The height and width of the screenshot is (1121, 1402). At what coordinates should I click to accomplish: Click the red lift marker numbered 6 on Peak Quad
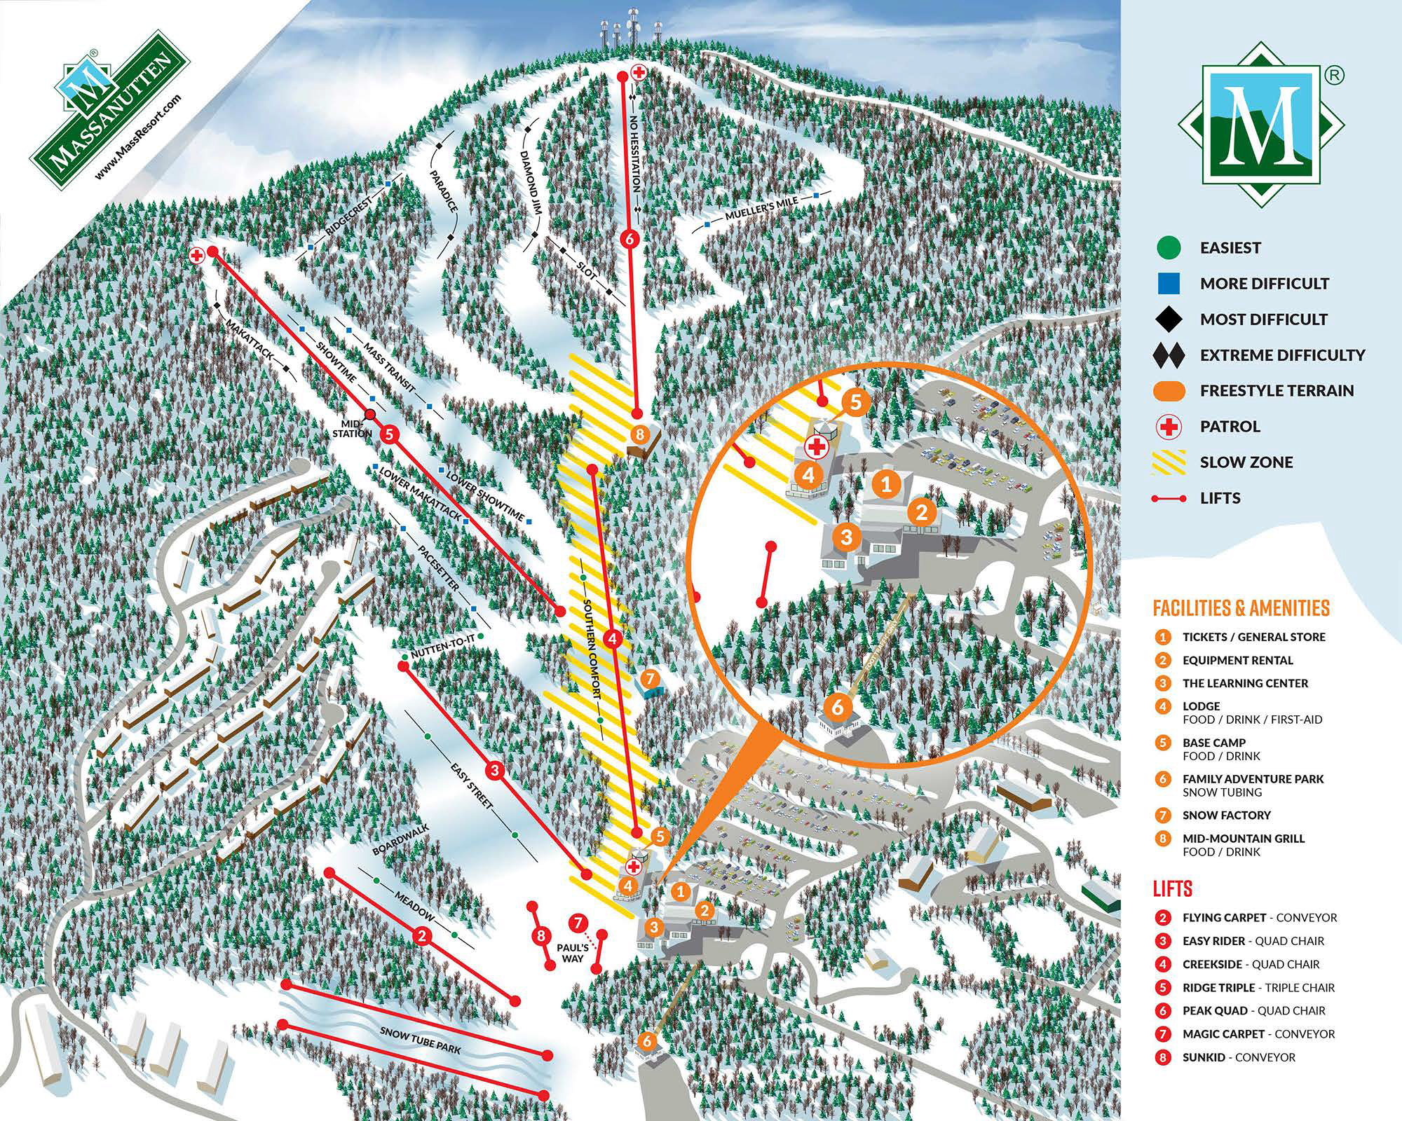click(x=629, y=239)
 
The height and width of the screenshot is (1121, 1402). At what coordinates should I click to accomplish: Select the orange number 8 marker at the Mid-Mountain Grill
click(x=639, y=434)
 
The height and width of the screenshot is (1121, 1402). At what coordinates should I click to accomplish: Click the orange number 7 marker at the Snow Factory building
click(x=650, y=678)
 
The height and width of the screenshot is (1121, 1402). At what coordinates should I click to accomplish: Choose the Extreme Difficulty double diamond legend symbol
click(x=1169, y=355)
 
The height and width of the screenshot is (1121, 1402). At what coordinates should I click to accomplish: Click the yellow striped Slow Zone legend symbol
click(x=1169, y=462)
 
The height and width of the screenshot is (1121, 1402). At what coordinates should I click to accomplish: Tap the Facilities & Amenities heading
click(x=1241, y=607)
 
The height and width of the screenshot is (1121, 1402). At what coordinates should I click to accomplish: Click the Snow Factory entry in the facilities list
click(x=1226, y=815)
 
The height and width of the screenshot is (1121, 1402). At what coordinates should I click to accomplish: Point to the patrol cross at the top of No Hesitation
click(x=639, y=71)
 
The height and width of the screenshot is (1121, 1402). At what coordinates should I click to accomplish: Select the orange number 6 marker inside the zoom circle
click(x=838, y=706)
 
